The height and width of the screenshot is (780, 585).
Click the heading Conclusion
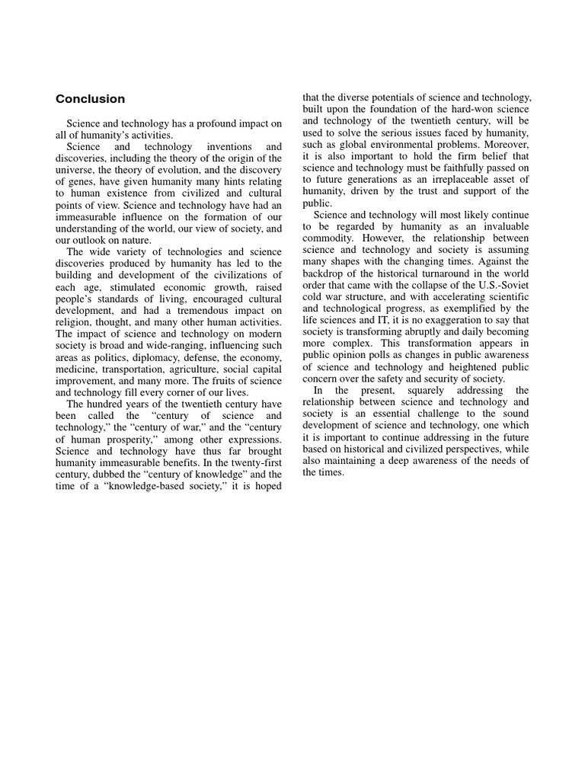(x=90, y=99)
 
